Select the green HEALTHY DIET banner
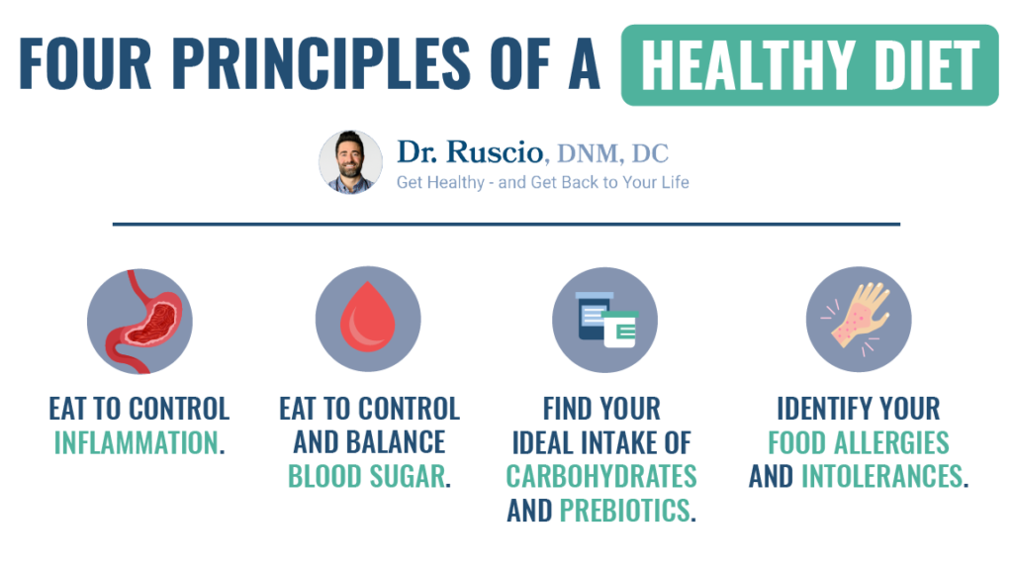809,65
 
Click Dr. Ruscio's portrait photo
350,162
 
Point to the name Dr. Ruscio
470,152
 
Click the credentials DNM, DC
612,153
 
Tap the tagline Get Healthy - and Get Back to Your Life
542,182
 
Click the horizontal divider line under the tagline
506,225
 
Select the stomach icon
139,320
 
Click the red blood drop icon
368,320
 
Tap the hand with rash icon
858,320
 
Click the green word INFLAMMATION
135,442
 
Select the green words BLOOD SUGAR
366,476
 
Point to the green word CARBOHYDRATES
601,476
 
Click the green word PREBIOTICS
624,511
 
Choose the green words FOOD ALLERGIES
858,442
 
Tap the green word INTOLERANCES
881,476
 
